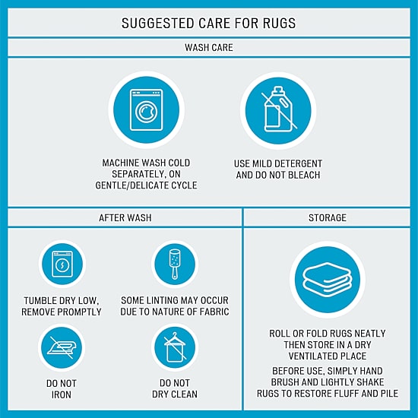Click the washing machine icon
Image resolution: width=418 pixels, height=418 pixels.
(146, 110)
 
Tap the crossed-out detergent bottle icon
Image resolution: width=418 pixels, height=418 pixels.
(278, 109)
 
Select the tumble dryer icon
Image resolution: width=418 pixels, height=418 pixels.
(62, 264)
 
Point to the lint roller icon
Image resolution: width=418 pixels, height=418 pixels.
(175, 264)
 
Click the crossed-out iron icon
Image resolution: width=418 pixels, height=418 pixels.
(62, 347)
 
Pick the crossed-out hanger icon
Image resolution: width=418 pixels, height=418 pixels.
(175, 347)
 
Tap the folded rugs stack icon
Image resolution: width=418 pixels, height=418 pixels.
(328, 280)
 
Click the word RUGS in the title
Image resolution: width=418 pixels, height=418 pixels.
(279, 24)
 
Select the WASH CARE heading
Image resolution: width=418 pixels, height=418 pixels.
(209, 48)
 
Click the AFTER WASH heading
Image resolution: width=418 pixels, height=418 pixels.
(125, 218)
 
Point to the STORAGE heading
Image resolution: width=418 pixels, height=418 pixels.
(328, 218)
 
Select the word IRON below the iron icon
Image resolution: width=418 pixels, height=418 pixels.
(62, 394)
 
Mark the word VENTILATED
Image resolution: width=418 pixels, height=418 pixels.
(314, 356)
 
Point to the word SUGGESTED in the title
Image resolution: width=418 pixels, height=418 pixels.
(158, 24)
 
